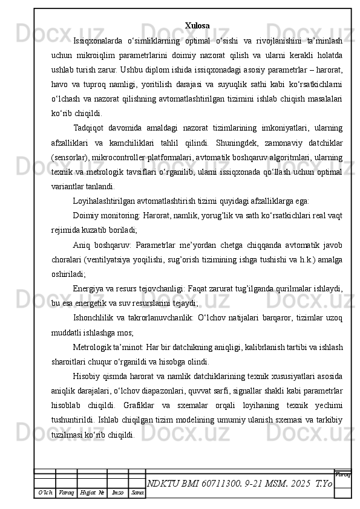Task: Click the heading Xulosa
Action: pyautogui.click(x=197, y=25)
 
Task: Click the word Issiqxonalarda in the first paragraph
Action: pyautogui.click(x=97, y=41)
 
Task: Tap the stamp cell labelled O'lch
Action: pyautogui.click(x=45, y=494)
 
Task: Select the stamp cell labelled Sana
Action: pyautogui.click(x=137, y=494)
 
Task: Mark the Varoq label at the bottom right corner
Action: pyautogui.click(x=342, y=475)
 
